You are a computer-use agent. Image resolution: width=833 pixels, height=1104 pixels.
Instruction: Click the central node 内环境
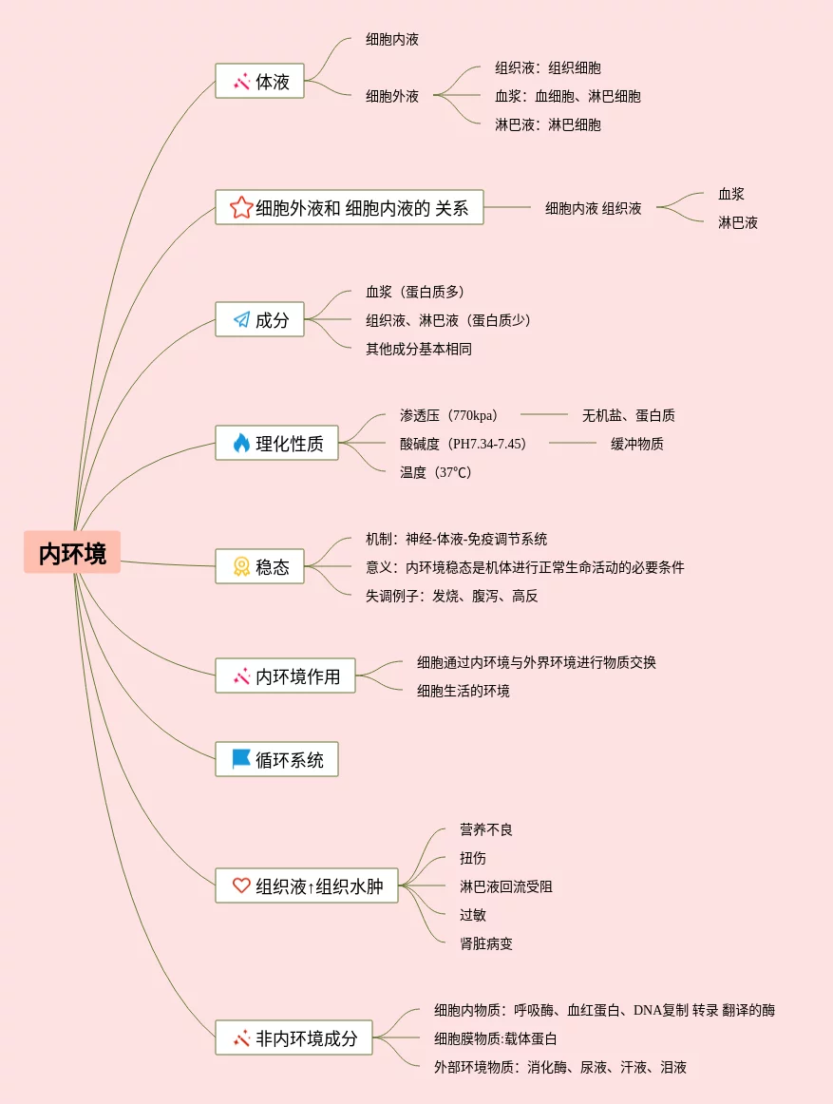click(72, 553)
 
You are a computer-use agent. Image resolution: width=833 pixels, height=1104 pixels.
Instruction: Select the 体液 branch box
click(259, 82)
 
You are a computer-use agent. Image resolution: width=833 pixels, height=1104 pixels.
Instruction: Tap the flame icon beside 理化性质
click(241, 443)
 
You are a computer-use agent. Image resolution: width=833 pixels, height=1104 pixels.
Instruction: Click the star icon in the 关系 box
click(241, 207)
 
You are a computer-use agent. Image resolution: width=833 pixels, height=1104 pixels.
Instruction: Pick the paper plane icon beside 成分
click(241, 320)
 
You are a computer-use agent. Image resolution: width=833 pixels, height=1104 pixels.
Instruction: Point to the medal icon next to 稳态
click(241, 566)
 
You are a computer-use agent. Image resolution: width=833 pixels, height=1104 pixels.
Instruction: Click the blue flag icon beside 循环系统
click(241, 759)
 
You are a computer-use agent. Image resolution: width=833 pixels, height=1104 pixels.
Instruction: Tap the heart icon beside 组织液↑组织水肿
click(241, 885)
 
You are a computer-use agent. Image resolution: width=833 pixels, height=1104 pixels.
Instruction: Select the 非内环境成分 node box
click(293, 1037)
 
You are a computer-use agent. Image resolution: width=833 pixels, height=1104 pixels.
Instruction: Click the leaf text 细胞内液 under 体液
click(392, 40)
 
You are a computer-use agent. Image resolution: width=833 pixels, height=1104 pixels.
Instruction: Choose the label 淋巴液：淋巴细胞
click(548, 124)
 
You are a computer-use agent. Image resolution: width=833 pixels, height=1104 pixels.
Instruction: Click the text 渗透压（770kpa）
click(448, 415)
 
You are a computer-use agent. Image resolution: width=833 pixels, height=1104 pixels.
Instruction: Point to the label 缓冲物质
click(637, 444)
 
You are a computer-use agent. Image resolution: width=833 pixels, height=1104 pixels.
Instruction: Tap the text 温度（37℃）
click(436, 472)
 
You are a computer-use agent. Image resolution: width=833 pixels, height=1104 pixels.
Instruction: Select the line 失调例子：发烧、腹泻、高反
click(452, 596)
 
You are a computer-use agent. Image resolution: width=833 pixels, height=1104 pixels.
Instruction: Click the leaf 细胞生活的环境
click(464, 691)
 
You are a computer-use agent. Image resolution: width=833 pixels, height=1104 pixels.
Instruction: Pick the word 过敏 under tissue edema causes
click(473, 915)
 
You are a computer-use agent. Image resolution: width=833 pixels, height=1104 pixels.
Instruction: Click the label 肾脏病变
click(486, 943)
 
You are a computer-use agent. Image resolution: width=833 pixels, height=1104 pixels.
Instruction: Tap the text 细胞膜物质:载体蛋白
click(496, 1038)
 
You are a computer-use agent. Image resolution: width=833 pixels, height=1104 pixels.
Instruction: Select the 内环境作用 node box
click(285, 676)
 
